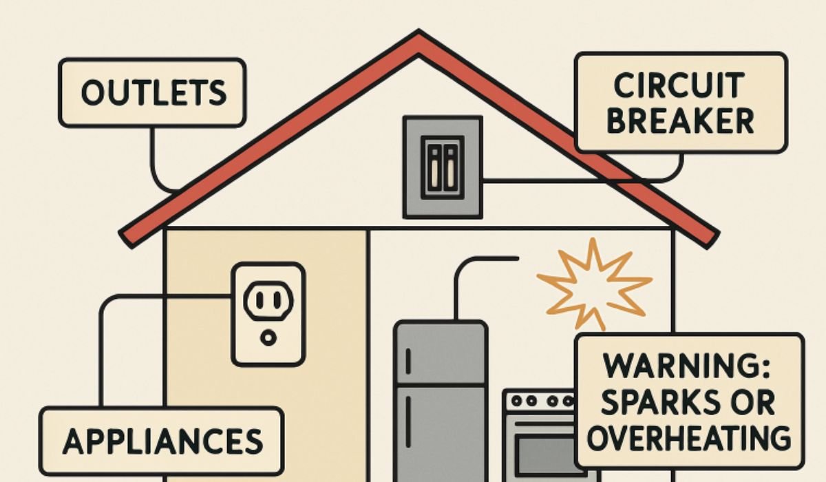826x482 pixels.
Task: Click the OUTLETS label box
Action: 152,93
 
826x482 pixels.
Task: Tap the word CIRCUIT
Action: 679,85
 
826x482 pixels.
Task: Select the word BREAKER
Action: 680,121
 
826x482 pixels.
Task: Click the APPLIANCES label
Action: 162,441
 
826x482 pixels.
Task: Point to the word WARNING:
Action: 687,366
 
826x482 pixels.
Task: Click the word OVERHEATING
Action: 689,438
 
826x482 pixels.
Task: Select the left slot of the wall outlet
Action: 260,299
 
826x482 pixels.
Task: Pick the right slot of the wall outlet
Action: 277,299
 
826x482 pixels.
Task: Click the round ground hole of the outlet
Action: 268,337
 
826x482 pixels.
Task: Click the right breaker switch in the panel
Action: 451,167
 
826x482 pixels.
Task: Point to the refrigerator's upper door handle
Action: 408,361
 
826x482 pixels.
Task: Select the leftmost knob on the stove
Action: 517,401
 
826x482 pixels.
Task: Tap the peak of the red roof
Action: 419,31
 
